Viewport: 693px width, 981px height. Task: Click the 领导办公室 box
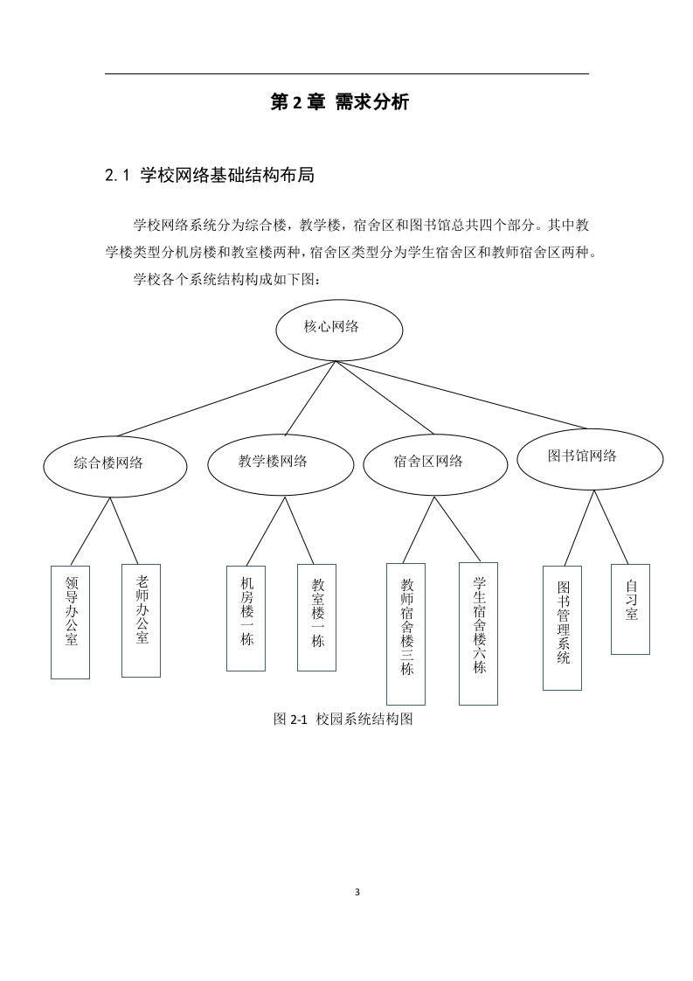coord(70,623)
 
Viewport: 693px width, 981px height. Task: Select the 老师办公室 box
coord(141,621)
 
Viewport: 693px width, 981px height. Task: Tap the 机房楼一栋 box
coord(246,619)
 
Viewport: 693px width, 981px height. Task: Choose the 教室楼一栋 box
coord(316,617)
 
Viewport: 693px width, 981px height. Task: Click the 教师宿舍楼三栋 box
coord(405,635)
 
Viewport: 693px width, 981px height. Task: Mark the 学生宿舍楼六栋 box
coord(479,634)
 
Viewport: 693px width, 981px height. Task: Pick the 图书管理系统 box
coord(562,628)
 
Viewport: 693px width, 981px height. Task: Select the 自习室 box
coord(630,609)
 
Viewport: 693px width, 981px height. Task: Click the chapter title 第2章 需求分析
coord(340,102)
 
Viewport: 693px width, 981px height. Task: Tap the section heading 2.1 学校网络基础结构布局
coord(210,175)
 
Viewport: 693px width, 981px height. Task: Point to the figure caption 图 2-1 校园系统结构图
coord(343,719)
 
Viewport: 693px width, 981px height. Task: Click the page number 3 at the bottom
coord(357,892)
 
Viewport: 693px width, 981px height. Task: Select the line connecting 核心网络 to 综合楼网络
coord(226,399)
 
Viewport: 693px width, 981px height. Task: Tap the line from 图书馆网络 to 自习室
coord(611,527)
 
